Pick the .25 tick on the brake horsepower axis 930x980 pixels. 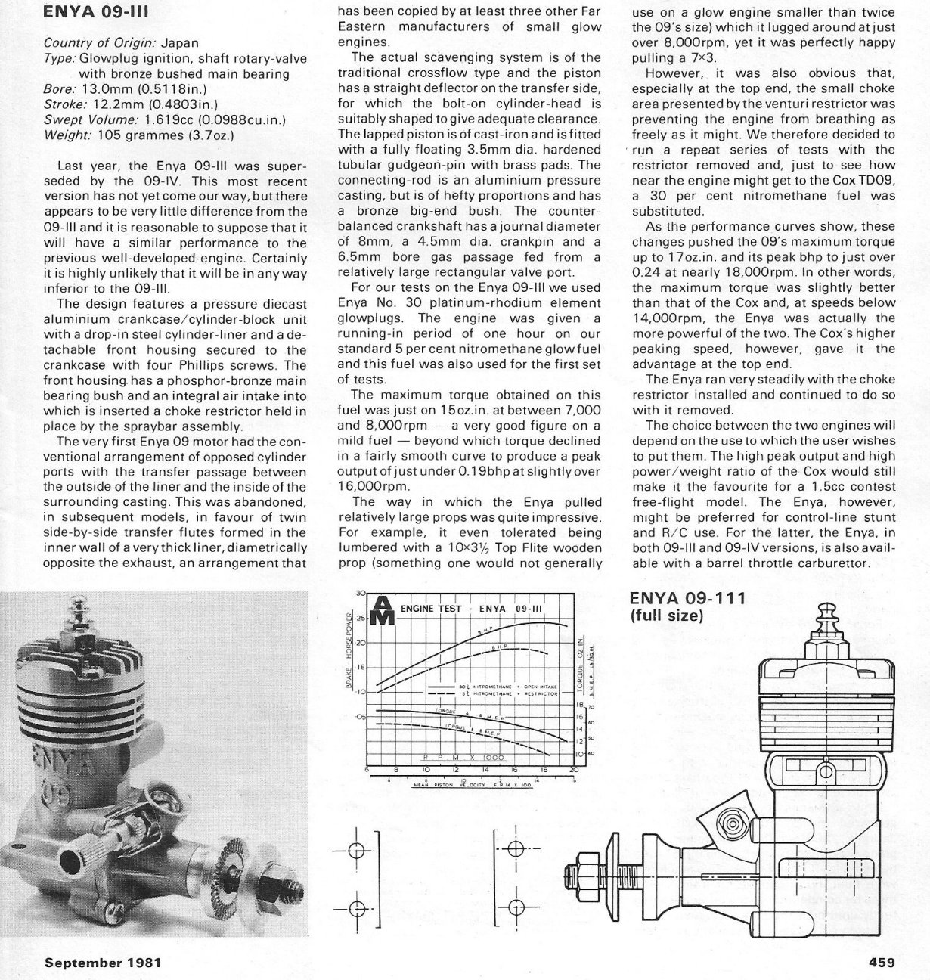pos(360,618)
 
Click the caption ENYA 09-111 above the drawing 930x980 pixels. pos(688,599)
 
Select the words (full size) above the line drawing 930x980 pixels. pos(667,616)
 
